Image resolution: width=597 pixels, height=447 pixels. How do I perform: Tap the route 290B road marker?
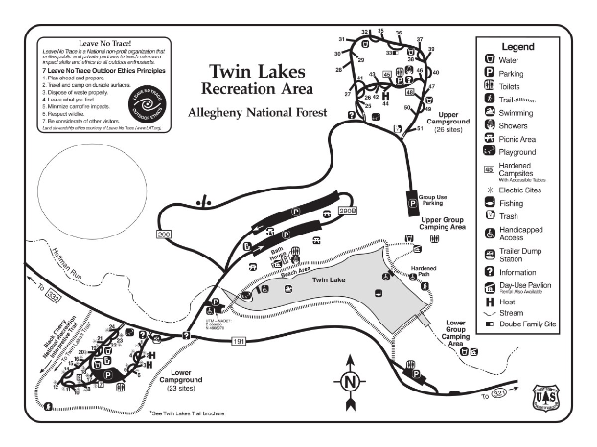(x=346, y=210)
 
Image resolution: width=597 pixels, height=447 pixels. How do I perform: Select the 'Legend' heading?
(x=517, y=45)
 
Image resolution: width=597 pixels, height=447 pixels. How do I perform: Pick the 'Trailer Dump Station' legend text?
(x=524, y=255)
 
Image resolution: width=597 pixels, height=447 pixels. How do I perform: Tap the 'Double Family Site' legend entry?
(x=528, y=324)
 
